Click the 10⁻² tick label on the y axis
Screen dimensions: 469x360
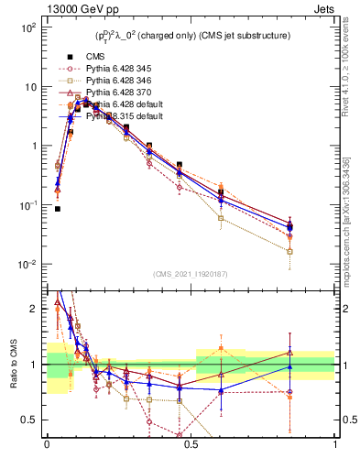pyautogui.click(x=27, y=265)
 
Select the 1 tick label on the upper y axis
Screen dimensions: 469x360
pyautogui.click(x=32, y=147)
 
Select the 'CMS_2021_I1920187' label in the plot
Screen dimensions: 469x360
pyautogui.click(x=191, y=274)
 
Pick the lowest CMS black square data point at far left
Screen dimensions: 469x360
pyautogui.click(x=58, y=209)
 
